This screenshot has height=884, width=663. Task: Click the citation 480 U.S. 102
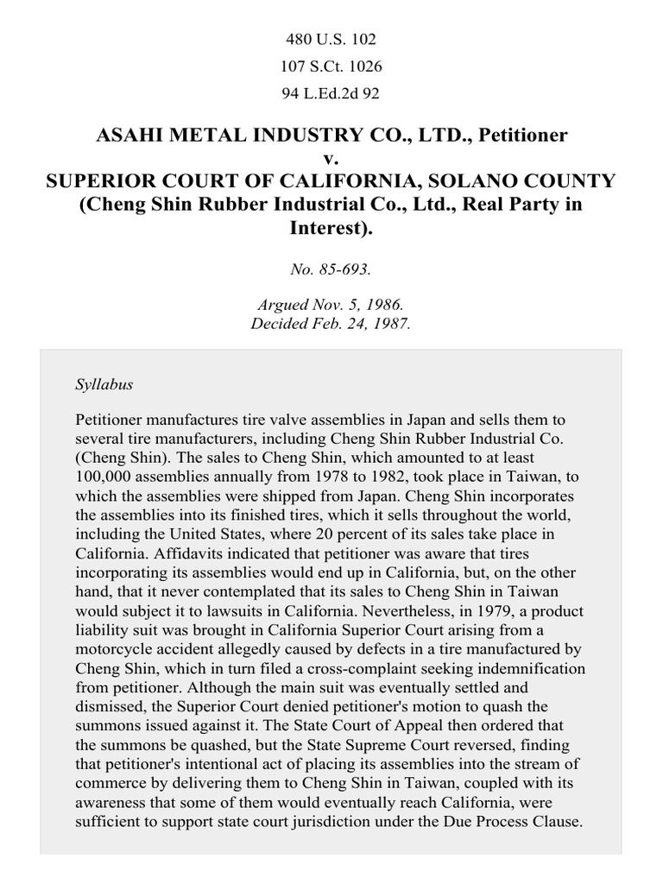[331, 40]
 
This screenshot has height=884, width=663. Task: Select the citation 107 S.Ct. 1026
[331, 66]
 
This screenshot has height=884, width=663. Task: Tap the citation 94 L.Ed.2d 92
[331, 93]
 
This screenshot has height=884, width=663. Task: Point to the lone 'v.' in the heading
[331, 159]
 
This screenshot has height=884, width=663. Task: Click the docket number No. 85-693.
[331, 268]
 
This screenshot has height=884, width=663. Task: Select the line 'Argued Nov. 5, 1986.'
[331, 307]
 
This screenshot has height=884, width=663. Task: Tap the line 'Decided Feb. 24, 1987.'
[331, 325]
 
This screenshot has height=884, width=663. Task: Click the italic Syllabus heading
[104, 384]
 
